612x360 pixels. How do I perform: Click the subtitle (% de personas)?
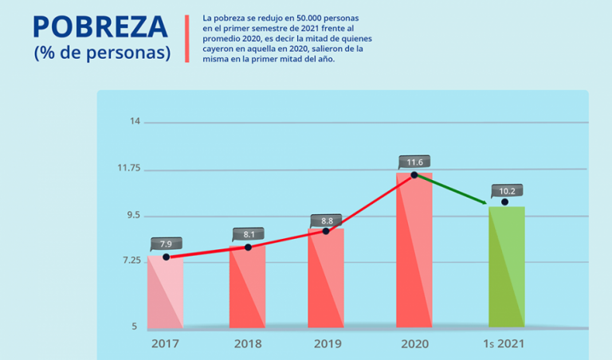[102, 53]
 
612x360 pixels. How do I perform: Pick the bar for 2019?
[325, 278]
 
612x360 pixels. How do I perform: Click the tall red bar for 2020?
[414, 250]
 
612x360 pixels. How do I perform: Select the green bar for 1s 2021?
[506, 267]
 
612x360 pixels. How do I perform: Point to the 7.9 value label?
[166, 244]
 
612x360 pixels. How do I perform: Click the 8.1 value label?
[248, 234]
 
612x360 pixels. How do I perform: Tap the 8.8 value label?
[326, 220]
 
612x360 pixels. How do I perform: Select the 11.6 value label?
[414, 162]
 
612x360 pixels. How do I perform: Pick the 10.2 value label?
[507, 190]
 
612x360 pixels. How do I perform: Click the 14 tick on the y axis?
[135, 122]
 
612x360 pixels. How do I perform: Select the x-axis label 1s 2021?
[505, 344]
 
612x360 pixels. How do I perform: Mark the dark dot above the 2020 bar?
[414, 174]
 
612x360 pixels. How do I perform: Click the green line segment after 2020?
[450, 190]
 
